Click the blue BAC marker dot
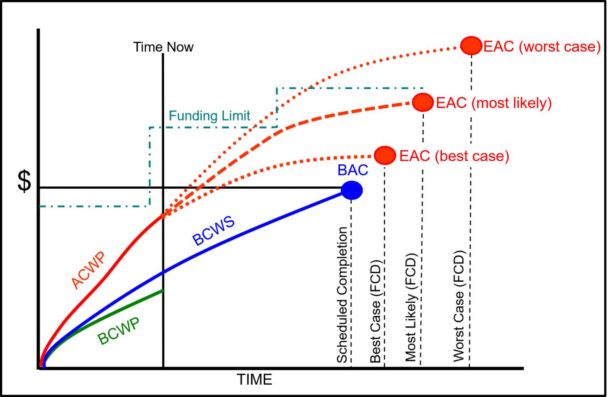(x=352, y=190)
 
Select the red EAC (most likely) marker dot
(x=423, y=102)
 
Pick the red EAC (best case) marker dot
(x=385, y=155)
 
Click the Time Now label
(x=163, y=47)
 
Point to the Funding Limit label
(x=209, y=116)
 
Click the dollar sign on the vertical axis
(x=24, y=182)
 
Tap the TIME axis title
(x=255, y=379)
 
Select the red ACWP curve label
(x=88, y=271)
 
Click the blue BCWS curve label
(x=214, y=232)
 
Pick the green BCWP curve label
(x=118, y=331)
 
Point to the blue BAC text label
(x=353, y=170)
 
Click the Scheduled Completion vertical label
(x=342, y=295)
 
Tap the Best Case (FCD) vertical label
(x=376, y=311)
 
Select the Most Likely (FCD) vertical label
(x=411, y=307)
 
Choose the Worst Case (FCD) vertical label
(x=459, y=306)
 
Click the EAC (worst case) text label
(x=542, y=47)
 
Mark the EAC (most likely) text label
(x=494, y=103)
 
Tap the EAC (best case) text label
(x=454, y=156)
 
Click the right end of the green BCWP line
(x=162, y=291)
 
